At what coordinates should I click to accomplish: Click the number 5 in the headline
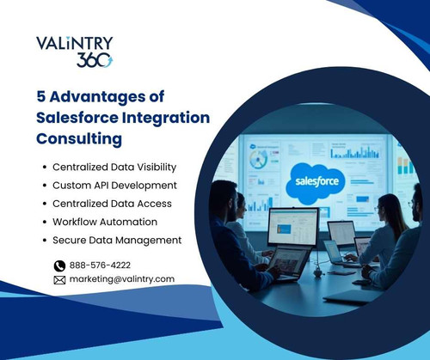click(41, 96)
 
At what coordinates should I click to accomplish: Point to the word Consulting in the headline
click(79, 137)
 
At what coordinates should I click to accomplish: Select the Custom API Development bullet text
click(114, 185)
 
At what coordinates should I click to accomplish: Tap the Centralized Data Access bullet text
click(112, 204)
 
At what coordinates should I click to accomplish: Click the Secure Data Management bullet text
click(117, 240)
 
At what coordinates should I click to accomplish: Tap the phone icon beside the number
click(59, 265)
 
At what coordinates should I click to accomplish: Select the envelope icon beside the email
click(59, 279)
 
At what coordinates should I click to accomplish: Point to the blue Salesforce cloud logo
click(318, 181)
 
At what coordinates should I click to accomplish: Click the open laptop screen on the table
click(292, 226)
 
